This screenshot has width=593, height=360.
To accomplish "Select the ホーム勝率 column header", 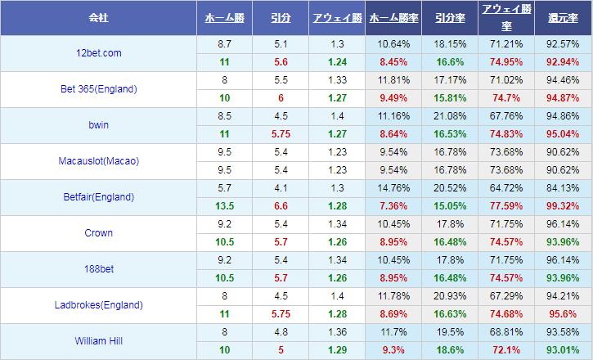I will (x=394, y=17).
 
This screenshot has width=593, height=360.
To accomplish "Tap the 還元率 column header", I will (x=563, y=17).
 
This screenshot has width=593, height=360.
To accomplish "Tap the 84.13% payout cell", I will (x=563, y=189).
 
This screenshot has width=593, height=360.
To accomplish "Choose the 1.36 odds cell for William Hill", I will (x=336, y=333).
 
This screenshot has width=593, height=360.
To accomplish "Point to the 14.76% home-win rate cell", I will (x=394, y=189).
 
